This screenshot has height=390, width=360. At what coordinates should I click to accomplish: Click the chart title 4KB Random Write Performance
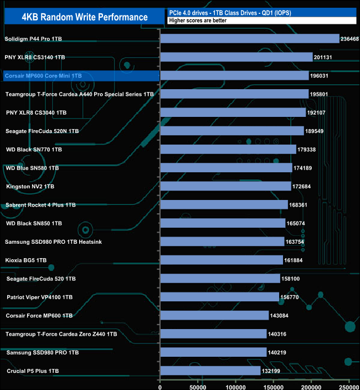pos(84,17)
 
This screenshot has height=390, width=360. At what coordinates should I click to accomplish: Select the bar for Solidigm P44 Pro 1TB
pos(249,39)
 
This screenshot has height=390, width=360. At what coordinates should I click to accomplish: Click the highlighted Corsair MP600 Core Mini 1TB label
pos(43,76)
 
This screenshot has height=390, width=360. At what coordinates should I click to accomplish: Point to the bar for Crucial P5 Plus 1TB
pos(210,371)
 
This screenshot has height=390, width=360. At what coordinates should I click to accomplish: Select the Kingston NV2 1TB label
pos(30,187)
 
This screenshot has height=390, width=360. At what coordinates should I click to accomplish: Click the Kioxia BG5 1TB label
pos(26,260)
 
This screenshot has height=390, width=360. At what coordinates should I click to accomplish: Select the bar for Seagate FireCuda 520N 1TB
pos(232,131)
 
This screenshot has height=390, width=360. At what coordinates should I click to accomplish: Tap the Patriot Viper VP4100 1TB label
pos(39,297)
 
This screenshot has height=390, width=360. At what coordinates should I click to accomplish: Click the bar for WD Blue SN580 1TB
pos(226,168)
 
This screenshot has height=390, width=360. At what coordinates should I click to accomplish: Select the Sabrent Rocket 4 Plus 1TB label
pos(40,205)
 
